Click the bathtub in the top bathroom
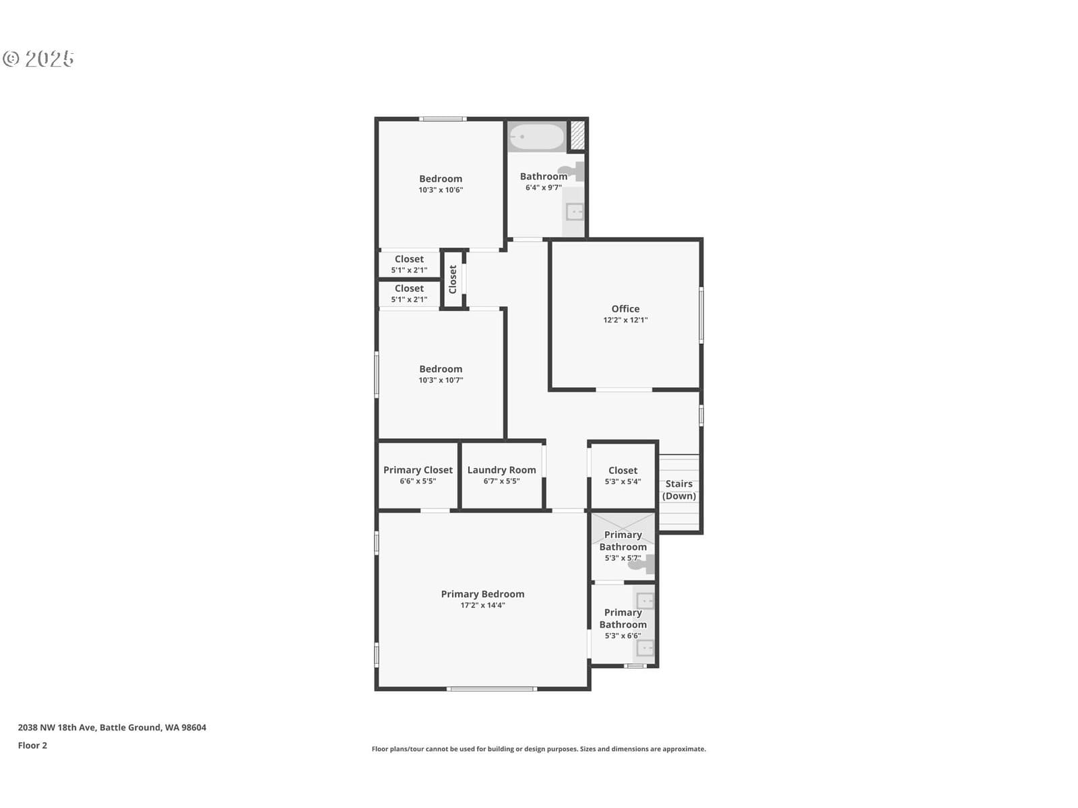pyautogui.click(x=536, y=137)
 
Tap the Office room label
pyautogui.click(x=625, y=308)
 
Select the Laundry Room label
pyautogui.click(x=501, y=470)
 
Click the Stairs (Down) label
pyautogui.click(x=678, y=490)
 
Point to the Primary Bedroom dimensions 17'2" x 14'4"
pyautogui.click(x=483, y=605)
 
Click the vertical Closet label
pyautogui.click(x=453, y=279)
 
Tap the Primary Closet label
pyautogui.click(x=418, y=470)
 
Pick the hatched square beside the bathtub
pyautogui.click(x=577, y=135)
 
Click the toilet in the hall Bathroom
pyautogui.click(x=571, y=171)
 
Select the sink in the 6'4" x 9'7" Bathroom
pyautogui.click(x=575, y=212)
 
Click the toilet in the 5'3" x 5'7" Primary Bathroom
pyautogui.click(x=642, y=564)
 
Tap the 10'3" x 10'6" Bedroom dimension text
pyautogui.click(x=441, y=190)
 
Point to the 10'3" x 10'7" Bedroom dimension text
pyautogui.click(x=441, y=380)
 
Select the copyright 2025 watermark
pyautogui.click(x=38, y=59)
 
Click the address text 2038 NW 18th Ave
pyautogui.click(x=56, y=728)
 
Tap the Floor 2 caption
pyautogui.click(x=32, y=745)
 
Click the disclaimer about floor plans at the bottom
pyautogui.click(x=539, y=749)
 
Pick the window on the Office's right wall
pyautogui.click(x=701, y=315)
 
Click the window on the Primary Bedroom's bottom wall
pyautogui.click(x=492, y=689)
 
